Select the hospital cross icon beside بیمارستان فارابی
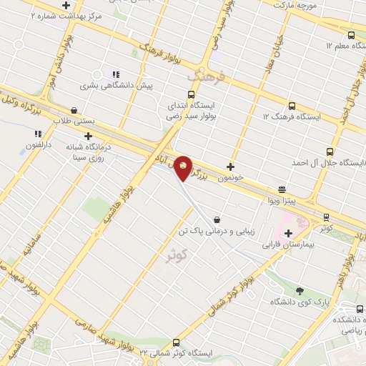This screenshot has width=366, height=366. click(289, 233)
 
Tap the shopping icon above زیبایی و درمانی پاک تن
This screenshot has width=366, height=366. click(216, 220)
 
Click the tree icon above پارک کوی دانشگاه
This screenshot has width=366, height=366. click(300, 290)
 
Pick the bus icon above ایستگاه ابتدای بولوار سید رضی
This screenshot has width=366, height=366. click(191, 94)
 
